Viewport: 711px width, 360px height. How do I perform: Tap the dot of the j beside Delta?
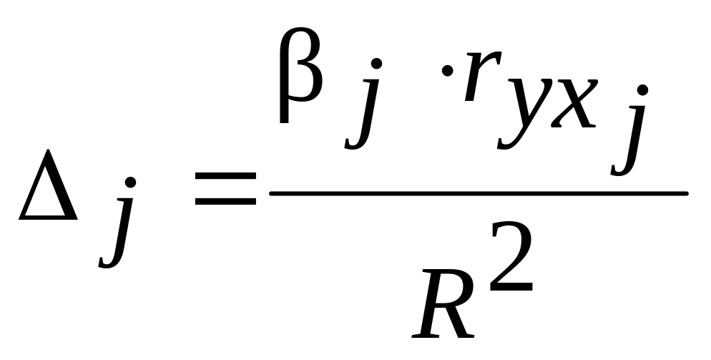pos(129,185)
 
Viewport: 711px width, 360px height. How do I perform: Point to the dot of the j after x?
pos(642,92)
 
